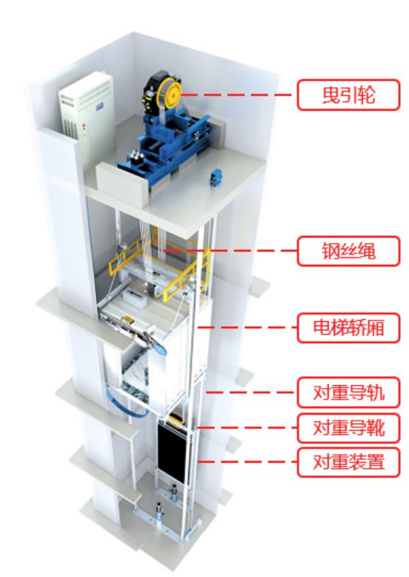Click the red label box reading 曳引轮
pos(348,94)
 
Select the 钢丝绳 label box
pos(348,251)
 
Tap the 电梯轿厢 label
pos(348,327)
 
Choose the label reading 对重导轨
pos(348,392)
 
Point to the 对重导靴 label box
pos(348,428)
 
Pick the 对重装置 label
pos(348,462)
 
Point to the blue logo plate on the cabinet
pos(100,107)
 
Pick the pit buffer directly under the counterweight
pos(173,493)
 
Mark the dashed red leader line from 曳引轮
pos(237,95)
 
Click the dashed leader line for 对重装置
pos(247,462)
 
